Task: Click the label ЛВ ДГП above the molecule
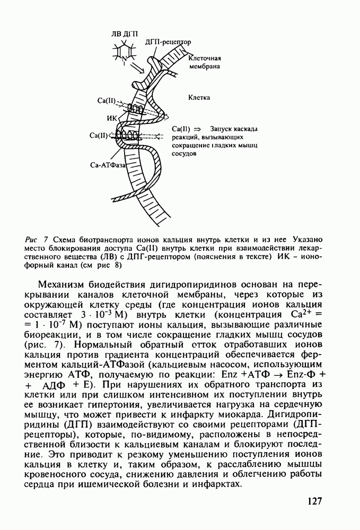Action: [x=124, y=33]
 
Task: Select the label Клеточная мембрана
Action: [x=204, y=63]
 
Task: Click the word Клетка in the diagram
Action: [x=199, y=98]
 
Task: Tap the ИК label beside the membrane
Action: [x=112, y=118]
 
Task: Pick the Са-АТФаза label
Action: [x=108, y=165]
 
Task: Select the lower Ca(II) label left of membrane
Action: [x=99, y=136]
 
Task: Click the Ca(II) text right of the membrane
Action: [x=181, y=129]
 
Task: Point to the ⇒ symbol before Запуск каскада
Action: [x=198, y=129]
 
